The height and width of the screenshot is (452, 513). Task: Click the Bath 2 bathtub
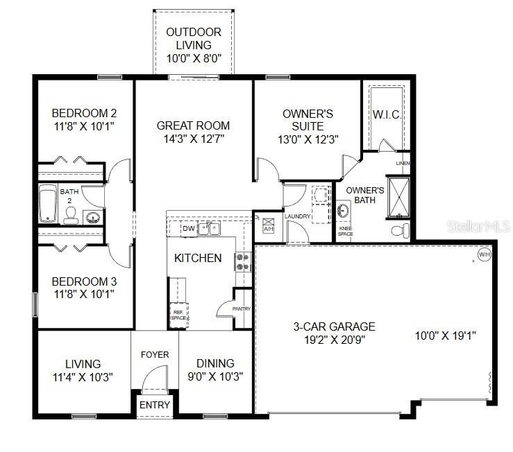pos(48,204)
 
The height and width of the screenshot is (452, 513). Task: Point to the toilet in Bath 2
pos(69,218)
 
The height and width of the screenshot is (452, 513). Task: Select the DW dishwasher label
pos(188,228)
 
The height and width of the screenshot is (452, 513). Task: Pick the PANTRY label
pos(242,308)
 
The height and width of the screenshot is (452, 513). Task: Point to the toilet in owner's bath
pos(398,229)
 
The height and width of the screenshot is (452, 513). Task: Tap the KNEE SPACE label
pos(345,231)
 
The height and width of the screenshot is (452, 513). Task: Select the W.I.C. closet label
pos(386,114)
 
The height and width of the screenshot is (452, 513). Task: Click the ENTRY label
pos(154,405)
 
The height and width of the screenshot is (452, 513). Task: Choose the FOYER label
pos(155,354)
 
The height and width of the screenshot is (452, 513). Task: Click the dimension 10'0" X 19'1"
pos(445,336)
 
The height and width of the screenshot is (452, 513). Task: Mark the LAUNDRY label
pos(298,216)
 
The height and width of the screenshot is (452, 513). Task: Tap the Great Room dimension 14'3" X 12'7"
pos(193,139)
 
